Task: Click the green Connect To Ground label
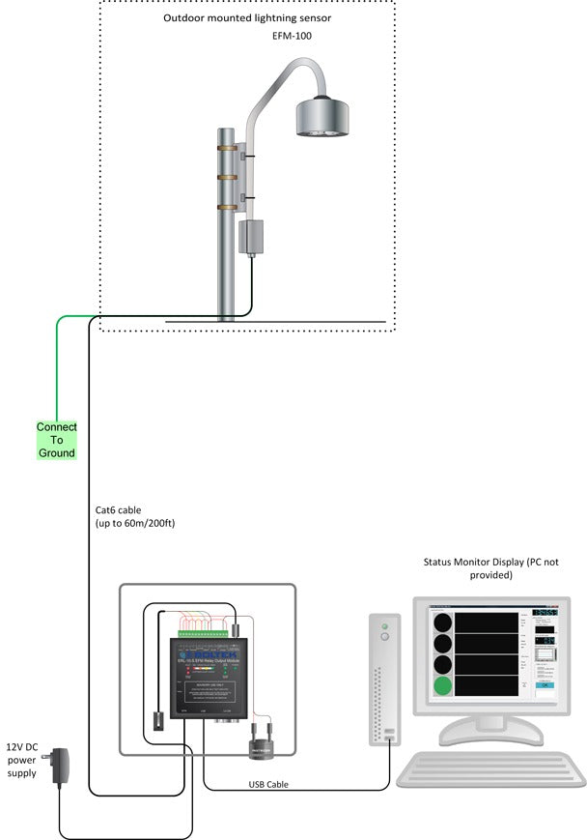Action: (56, 440)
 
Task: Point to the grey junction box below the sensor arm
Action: (251, 236)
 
